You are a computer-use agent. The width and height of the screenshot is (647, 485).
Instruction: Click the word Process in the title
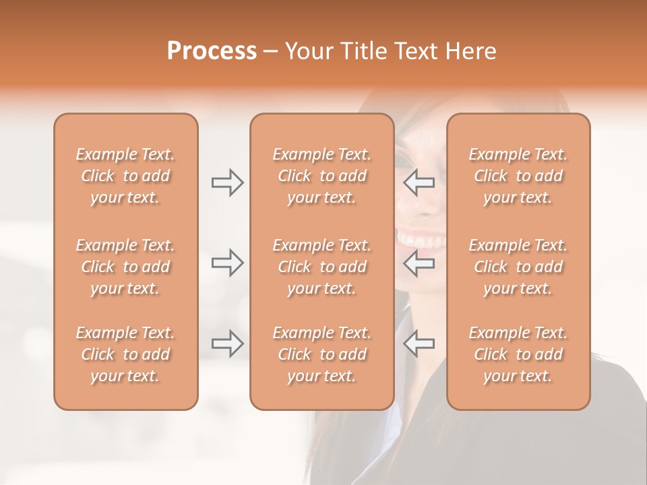[x=212, y=51]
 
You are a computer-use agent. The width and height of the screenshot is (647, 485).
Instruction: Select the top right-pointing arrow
[x=228, y=183]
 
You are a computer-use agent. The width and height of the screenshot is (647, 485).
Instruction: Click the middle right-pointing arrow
[x=228, y=263]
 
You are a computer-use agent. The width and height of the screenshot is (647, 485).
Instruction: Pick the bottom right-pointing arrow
[x=228, y=344]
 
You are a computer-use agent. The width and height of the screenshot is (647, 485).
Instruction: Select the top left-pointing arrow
[x=419, y=183]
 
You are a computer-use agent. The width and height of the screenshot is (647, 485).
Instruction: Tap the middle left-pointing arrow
[x=419, y=263]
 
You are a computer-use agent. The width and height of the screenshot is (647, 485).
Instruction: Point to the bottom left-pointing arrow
[x=419, y=344]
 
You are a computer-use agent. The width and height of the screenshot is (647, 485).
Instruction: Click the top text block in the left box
[x=125, y=176]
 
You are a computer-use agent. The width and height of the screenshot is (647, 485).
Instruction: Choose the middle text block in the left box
[x=125, y=267]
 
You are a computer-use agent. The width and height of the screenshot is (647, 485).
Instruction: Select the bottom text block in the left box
[x=125, y=354]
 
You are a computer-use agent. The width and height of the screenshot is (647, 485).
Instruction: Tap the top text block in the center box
[x=322, y=176]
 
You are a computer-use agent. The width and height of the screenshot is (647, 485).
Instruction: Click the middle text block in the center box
[x=322, y=267]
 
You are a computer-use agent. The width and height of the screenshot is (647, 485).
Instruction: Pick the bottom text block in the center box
[x=322, y=354]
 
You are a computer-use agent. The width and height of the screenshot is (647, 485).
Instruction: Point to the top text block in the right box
[x=518, y=176]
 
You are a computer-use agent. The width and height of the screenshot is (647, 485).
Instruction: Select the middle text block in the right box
[x=518, y=267]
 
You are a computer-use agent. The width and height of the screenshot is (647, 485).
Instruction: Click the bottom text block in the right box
[x=518, y=354]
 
